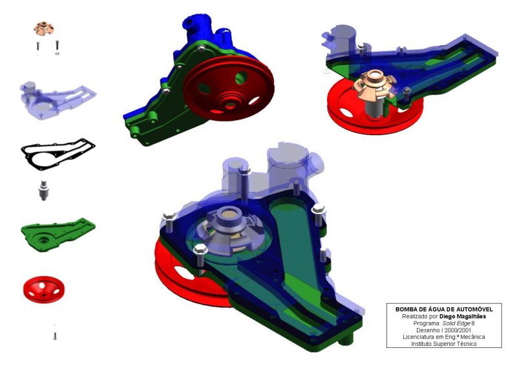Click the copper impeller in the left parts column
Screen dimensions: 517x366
[44, 28]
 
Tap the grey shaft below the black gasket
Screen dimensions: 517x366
[43, 190]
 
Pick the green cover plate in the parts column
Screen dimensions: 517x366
[58, 234]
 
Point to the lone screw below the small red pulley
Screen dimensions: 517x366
[55, 336]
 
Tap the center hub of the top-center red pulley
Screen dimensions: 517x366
[231, 103]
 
